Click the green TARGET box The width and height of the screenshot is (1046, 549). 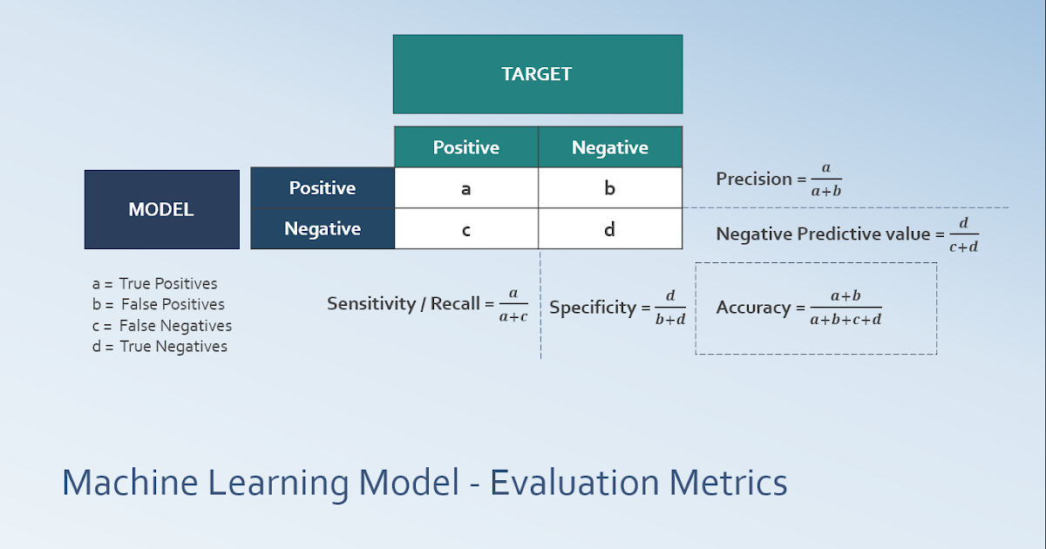click(x=537, y=74)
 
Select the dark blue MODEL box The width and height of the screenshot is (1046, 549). click(x=161, y=209)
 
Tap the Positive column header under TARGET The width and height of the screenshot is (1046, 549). click(x=465, y=147)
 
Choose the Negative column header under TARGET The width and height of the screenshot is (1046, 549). click(x=609, y=147)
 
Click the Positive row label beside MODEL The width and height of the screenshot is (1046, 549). click(x=323, y=188)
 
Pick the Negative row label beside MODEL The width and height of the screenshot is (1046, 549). click(x=323, y=228)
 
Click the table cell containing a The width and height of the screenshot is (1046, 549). click(x=465, y=188)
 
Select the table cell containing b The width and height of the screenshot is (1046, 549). click(x=609, y=188)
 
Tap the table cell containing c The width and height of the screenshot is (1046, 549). click(x=465, y=229)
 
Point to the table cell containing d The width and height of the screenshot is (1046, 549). click(x=609, y=229)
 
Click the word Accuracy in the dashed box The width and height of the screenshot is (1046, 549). click(x=754, y=308)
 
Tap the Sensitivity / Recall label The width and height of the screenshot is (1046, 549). click(x=404, y=303)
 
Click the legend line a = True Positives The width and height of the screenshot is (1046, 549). click(x=154, y=283)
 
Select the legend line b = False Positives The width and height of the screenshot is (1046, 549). click(x=158, y=304)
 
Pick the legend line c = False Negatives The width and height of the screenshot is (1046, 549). click(x=161, y=325)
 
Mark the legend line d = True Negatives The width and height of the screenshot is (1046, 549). click(x=160, y=346)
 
